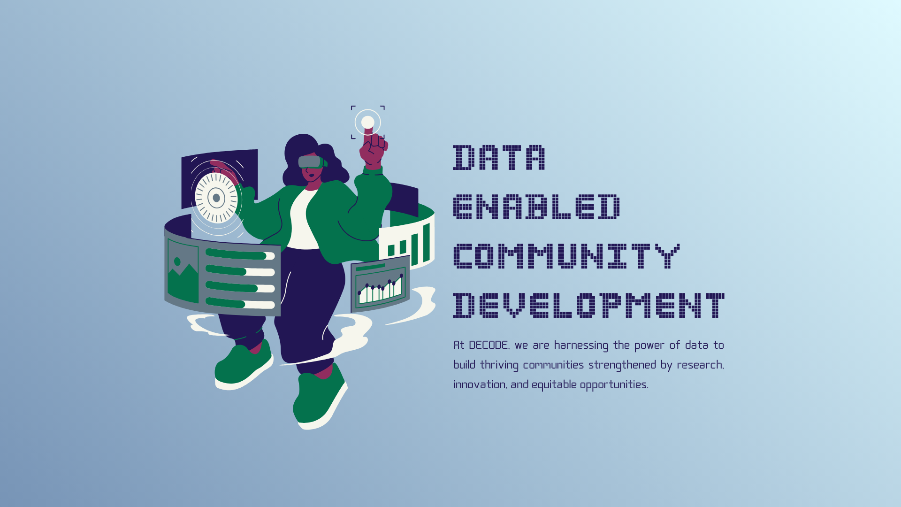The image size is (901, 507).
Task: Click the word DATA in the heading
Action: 499,157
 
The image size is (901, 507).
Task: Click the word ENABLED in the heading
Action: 536,207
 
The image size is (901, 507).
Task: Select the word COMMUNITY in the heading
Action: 566,256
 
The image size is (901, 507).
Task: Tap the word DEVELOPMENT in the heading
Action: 589,305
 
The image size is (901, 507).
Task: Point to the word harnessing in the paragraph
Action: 581,346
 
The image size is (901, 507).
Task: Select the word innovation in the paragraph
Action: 480,385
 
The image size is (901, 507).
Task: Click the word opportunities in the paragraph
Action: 614,385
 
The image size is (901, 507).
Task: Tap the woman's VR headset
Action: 311,162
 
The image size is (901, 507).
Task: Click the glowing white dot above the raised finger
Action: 368,123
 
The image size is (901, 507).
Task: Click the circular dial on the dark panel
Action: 216,198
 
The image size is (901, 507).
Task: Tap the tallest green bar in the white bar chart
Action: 427,243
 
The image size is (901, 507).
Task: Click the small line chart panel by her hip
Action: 380,284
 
